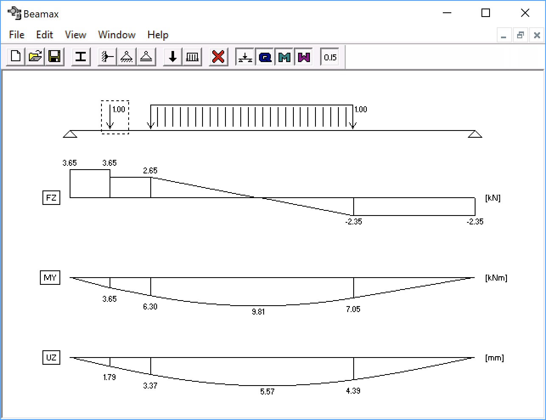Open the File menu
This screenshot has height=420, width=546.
[x=17, y=35]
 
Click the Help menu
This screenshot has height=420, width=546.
[x=158, y=35]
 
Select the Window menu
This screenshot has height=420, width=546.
[x=117, y=35]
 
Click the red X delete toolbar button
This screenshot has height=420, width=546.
[x=218, y=57]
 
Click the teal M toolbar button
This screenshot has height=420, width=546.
[x=284, y=57]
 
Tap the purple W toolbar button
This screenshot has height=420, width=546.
[x=304, y=57]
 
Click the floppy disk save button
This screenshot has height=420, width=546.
[x=54, y=57]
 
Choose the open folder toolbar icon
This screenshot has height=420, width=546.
[x=35, y=57]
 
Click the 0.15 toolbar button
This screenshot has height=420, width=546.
[x=330, y=57]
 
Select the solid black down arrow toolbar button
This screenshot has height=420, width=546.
[x=172, y=57]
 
